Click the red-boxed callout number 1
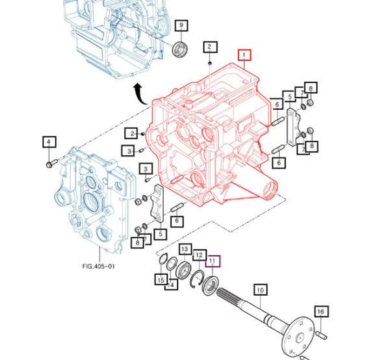244,56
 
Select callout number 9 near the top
181,25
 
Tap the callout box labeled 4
49,142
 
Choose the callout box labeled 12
200,255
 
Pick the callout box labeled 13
185,250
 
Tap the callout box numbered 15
160,279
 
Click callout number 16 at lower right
320,313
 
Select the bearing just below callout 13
183,269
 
